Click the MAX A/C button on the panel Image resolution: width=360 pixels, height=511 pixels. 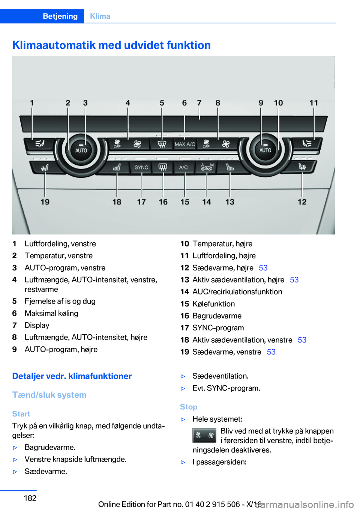tap(184, 144)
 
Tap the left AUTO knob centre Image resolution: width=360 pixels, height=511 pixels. tap(81, 150)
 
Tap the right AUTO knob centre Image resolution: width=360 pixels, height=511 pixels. tap(265, 150)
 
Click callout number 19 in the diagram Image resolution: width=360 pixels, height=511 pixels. tap(45, 202)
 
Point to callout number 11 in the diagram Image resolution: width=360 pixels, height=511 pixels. tap(313, 103)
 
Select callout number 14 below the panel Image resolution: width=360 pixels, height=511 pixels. tap(207, 202)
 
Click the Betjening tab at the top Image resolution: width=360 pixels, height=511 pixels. tap(60, 16)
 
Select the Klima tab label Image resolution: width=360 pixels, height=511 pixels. tap(100, 16)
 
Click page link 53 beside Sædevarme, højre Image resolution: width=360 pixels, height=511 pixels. tap(263, 268)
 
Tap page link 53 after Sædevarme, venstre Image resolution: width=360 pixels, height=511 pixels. tap(271, 352)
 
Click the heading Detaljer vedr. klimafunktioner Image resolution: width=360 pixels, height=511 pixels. tap(72, 376)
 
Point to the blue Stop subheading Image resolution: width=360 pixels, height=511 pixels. tap(189, 407)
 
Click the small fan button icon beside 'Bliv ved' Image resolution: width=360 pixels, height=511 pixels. tap(204, 435)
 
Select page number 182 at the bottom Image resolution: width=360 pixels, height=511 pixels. tap(30, 498)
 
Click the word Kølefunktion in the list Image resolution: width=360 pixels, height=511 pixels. tap(213, 304)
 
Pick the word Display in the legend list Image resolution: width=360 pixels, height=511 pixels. tap(37, 325)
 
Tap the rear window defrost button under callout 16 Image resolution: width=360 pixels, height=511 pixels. tap(163, 167)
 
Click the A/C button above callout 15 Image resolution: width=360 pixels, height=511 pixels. tap(183, 167)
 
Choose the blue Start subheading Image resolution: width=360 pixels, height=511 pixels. tap(21, 414)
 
